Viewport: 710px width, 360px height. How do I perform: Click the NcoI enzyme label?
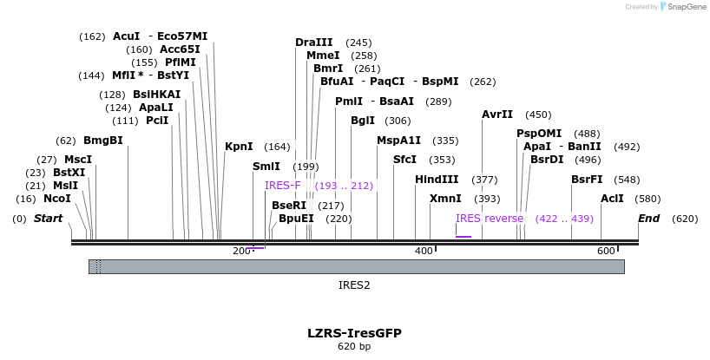click(x=57, y=199)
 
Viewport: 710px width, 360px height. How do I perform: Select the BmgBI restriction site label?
click(x=102, y=140)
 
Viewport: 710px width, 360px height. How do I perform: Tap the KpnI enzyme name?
click(x=239, y=147)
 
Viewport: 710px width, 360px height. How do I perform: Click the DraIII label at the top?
click(x=313, y=42)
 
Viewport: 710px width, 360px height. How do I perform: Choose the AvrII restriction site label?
click(x=497, y=114)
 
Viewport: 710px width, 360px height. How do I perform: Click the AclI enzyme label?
click(x=612, y=198)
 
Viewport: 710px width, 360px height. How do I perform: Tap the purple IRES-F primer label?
click(x=283, y=185)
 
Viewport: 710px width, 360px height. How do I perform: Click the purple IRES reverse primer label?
click(x=490, y=218)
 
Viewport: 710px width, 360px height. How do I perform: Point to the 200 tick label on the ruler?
click(x=241, y=251)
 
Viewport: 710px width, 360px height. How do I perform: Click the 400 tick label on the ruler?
click(x=424, y=251)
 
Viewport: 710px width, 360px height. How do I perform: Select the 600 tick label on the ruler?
click(x=606, y=251)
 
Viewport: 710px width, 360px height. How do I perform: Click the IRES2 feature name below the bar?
click(x=354, y=284)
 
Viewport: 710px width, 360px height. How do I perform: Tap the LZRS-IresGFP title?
click(x=354, y=332)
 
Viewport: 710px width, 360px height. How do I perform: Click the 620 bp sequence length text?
click(x=354, y=346)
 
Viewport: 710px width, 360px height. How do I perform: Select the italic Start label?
click(x=49, y=218)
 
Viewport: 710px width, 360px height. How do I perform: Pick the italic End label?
click(x=648, y=218)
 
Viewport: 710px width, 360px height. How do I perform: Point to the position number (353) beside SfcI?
click(x=442, y=160)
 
